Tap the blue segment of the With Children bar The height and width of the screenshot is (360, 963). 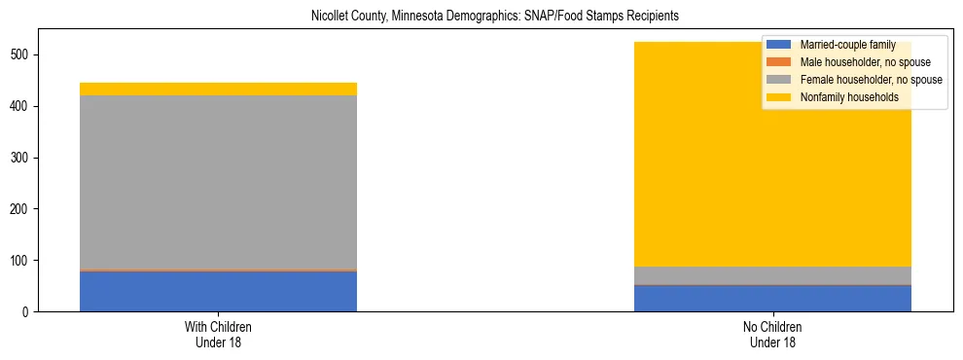coord(218,291)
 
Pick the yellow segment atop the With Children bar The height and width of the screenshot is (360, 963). coord(218,89)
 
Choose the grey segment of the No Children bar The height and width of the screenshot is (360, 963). coord(772,275)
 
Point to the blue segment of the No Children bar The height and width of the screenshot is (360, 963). coord(772,299)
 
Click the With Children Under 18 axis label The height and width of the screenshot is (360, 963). coord(218,335)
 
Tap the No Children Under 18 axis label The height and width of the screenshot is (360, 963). coord(772,335)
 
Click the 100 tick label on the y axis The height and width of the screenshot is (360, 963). coord(24,261)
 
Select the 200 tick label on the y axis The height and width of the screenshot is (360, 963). coord(24,209)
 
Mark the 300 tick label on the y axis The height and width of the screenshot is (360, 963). coord(24,158)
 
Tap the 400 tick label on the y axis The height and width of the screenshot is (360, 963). coord(24,106)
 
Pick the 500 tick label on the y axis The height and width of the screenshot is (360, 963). coord(24,54)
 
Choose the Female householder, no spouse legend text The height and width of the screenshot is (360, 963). coord(871,80)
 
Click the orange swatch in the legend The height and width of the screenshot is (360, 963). coord(778,62)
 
